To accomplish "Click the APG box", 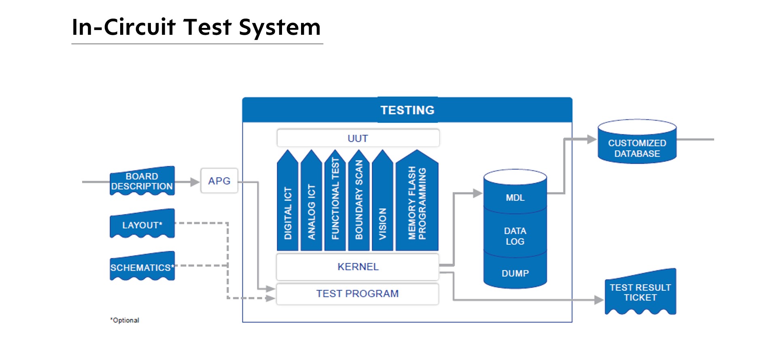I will [x=219, y=181].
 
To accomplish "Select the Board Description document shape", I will [x=142, y=181].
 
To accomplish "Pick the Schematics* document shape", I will [x=142, y=267].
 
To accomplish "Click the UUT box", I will [x=358, y=138].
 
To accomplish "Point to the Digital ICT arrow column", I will [x=288, y=206].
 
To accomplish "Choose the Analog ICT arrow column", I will [x=311, y=206].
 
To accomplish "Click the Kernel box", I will [x=358, y=267].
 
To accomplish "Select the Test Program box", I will [x=357, y=294].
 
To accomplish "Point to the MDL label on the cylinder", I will [x=515, y=198].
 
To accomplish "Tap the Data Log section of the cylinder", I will [x=515, y=236].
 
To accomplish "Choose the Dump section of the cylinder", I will [x=515, y=273].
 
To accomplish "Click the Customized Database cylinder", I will [x=637, y=146].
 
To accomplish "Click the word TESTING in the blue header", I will [x=407, y=110].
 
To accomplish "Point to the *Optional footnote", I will [x=125, y=320].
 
